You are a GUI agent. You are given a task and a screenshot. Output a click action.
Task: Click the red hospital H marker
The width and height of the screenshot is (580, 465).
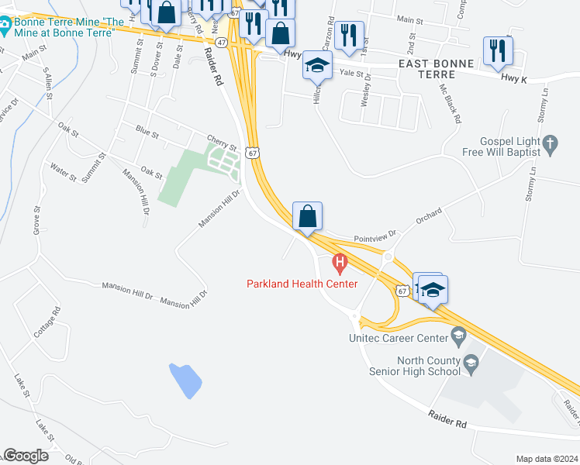(339, 264)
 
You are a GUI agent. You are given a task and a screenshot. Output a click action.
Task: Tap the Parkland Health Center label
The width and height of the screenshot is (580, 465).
(302, 284)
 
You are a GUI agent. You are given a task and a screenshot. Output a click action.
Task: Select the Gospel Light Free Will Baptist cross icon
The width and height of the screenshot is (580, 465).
(551, 143)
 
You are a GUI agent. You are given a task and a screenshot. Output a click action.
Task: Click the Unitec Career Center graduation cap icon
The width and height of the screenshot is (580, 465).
(458, 336)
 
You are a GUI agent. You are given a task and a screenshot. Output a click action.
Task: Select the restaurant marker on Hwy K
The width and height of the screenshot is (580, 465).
(496, 51)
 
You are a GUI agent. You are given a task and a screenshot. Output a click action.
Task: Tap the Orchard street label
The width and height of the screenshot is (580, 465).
(429, 213)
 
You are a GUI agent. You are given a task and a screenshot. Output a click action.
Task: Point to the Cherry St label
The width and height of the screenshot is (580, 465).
(221, 138)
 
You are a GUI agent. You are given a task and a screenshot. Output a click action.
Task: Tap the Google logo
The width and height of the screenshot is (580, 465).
(26, 456)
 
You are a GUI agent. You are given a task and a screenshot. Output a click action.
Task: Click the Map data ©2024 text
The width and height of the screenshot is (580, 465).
(546, 459)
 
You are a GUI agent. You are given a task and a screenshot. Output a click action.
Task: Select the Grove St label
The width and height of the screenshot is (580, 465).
(36, 221)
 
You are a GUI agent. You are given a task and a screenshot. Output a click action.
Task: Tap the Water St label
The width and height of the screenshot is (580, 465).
(63, 172)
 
